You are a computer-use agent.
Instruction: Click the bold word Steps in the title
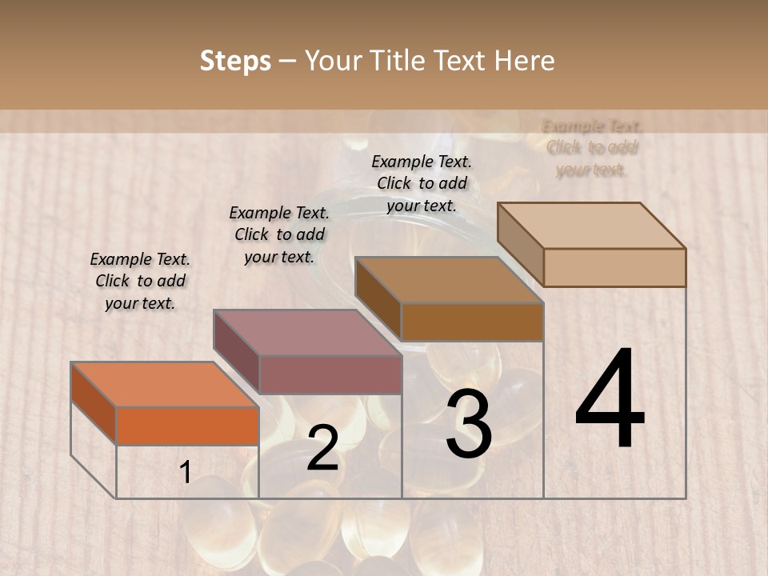[235, 61]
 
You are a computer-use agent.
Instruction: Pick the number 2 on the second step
[322, 448]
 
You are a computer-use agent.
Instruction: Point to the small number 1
[185, 472]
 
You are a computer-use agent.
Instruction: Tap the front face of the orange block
[187, 426]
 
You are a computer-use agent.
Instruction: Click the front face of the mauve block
[330, 374]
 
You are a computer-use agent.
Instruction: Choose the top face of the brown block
[449, 280]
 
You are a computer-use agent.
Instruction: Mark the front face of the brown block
[472, 322]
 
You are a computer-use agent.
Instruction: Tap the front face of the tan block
[614, 267]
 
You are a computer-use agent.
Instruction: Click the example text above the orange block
[140, 281]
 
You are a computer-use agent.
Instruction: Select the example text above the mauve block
[279, 234]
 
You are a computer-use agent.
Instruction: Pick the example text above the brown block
[422, 183]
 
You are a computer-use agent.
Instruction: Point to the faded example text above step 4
[592, 148]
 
